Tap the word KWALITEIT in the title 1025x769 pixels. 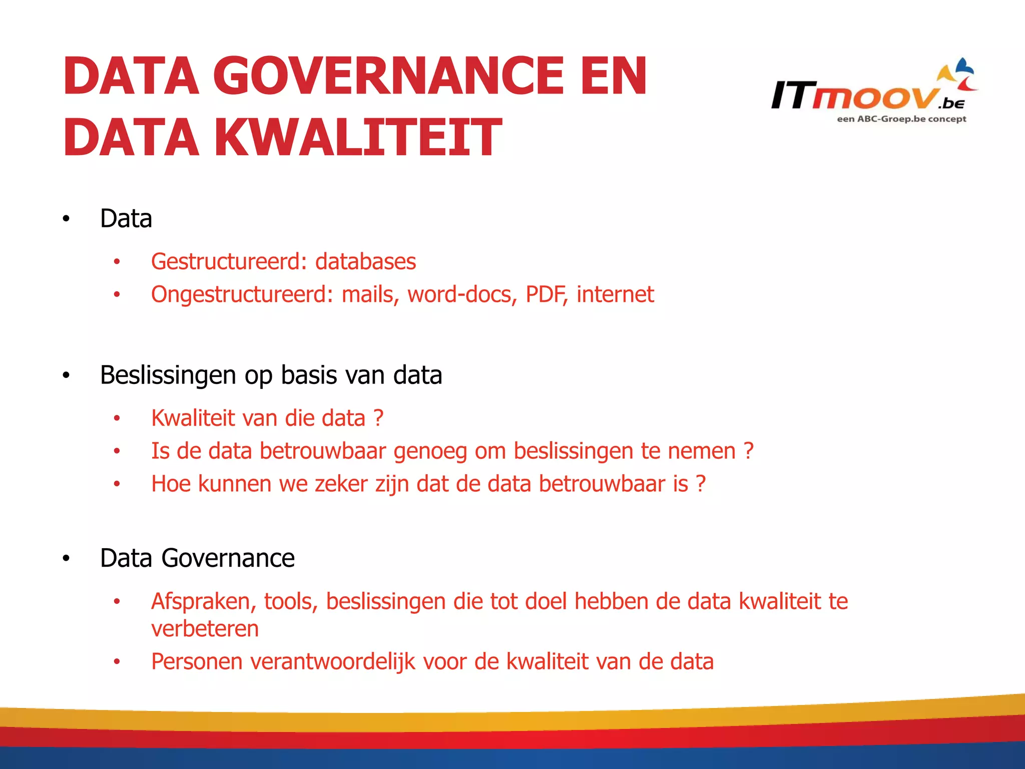coord(357,137)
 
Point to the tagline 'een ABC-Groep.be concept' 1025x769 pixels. coord(901,119)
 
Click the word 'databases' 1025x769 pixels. coord(365,262)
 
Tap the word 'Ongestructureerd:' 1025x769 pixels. coord(242,294)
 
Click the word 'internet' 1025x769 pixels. coord(615,294)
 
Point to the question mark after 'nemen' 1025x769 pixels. coord(748,451)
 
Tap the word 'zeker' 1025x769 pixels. coord(341,484)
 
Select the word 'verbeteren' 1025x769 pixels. coord(205,629)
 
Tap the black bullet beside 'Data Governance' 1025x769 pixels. coord(66,559)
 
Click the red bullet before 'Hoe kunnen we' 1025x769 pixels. coord(117,484)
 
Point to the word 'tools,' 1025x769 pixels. coord(291,601)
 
